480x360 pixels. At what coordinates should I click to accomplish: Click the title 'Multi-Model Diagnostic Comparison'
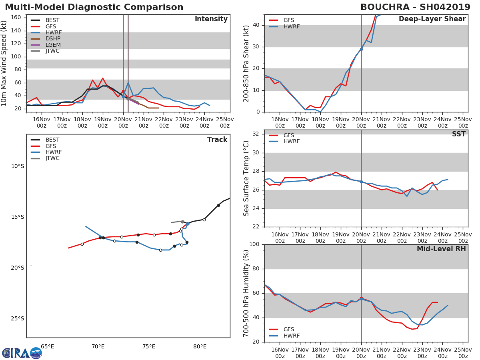tap(94, 7)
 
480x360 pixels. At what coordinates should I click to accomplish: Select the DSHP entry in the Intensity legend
tap(52, 39)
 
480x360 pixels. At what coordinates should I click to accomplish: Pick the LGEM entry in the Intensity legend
tap(52, 45)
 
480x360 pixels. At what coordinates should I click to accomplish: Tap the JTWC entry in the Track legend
tap(52, 158)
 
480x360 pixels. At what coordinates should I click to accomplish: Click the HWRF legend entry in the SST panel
tap(291, 142)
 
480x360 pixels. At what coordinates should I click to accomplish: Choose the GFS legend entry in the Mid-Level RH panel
tap(288, 330)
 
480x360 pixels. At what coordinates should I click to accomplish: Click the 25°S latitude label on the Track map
tap(17, 319)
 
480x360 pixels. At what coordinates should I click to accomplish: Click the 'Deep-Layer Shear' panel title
tap(432, 19)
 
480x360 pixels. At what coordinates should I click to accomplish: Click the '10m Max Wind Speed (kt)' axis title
tap(4, 63)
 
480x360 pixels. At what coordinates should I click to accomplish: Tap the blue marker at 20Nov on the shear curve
tap(361, 49)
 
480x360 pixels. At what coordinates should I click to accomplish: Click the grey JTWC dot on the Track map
tap(182, 222)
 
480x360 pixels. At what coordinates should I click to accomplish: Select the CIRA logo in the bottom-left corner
tap(22, 353)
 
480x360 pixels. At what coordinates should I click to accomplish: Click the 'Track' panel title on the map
tap(217, 140)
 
